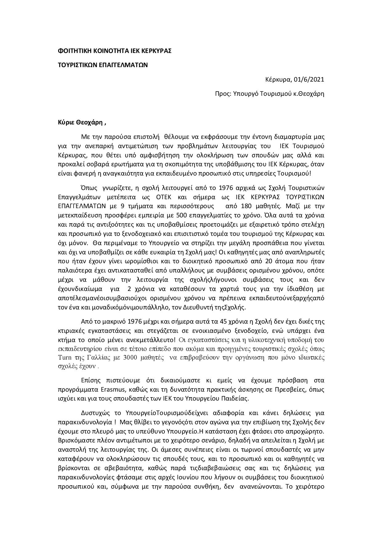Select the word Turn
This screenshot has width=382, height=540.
63,358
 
